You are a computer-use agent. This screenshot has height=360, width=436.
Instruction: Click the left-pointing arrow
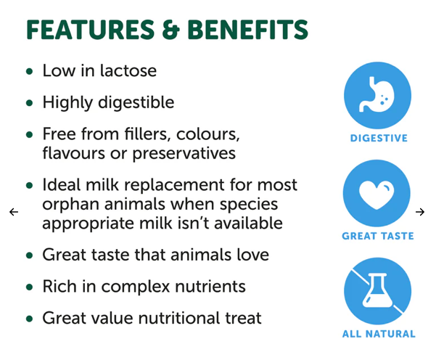pos(14,212)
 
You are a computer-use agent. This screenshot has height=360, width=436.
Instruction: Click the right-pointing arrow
pos(420,212)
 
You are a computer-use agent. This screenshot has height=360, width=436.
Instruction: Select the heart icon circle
pos(377,192)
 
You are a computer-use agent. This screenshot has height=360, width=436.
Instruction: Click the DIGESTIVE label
pos(379,138)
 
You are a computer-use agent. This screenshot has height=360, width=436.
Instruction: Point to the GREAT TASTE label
pos(378,236)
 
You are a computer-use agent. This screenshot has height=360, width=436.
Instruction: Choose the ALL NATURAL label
pos(379,335)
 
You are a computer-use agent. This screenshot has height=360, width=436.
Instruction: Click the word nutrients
pos(207,287)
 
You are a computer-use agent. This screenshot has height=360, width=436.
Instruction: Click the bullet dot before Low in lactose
pos(30,72)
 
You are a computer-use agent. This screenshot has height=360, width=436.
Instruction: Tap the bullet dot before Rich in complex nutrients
pos(30,287)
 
